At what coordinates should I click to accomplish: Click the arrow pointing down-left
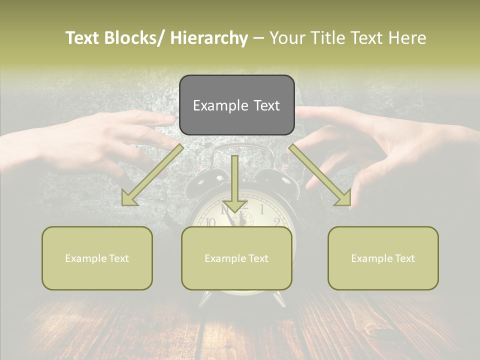152,175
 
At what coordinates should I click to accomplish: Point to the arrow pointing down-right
320,175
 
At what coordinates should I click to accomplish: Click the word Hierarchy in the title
209,38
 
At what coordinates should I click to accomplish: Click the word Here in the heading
407,38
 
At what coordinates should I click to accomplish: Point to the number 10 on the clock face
210,222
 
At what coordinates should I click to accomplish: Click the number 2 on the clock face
276,222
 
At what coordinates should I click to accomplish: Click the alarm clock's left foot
205,300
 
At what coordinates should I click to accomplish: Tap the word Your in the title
286,38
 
